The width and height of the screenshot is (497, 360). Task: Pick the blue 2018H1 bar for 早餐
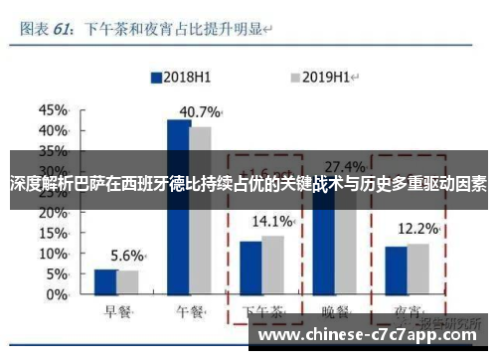pyautogui.click(x=105, y=282)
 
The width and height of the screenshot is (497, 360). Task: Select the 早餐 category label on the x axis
pyautogui.click(x=117, y=310)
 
